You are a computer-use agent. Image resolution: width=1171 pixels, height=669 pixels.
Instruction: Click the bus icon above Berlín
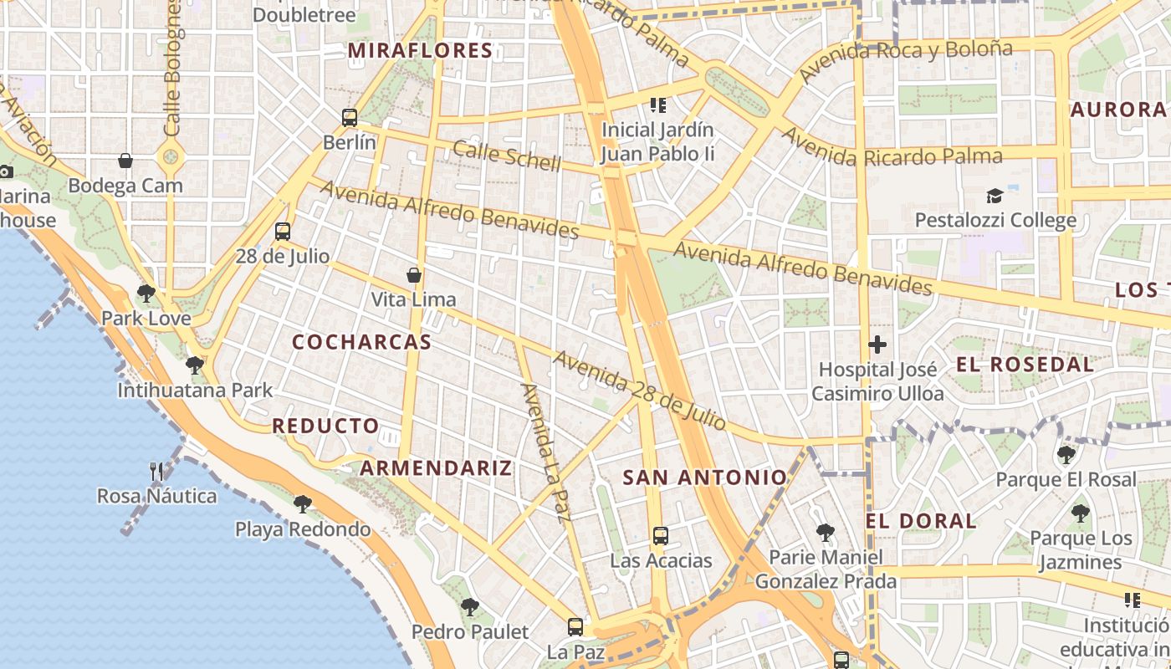pos(350,118)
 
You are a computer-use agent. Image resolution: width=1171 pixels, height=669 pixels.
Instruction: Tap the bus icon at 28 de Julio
pos(283,232)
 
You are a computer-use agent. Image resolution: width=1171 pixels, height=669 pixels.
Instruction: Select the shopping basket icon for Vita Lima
pos(413,274)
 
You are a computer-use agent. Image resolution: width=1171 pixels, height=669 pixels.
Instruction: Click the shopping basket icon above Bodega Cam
pos(125,161)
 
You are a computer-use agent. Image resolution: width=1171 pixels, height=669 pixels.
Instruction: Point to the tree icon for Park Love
pos(146,294)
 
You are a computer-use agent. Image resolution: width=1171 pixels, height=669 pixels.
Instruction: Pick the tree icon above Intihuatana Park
pos(195,365)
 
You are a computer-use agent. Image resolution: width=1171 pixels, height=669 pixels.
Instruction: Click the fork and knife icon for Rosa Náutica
pos(156,472)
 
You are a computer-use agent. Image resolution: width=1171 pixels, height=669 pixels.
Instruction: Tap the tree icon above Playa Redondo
pos(303,504)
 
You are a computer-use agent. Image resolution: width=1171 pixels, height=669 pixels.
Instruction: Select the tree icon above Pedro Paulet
pos(470,607)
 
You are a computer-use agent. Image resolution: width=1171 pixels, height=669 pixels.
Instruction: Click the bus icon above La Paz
pos(575,627)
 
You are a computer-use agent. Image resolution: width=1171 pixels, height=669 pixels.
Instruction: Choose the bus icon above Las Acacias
pos(661,536)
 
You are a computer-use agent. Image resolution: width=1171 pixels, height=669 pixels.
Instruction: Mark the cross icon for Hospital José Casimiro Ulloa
pos(877,345)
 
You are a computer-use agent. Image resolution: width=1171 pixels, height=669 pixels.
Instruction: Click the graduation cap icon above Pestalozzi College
pos(995,196)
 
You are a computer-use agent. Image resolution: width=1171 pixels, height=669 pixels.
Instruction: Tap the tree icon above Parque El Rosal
pos(1066,455)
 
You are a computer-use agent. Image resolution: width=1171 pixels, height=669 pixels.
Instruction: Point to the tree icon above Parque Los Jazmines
pos(1081,513)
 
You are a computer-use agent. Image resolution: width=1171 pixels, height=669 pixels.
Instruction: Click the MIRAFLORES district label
pos(420,51)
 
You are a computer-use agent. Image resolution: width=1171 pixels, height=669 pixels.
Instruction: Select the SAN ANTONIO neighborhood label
pos(705,477)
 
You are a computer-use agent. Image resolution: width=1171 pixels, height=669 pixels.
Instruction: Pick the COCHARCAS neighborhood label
pos(361,342)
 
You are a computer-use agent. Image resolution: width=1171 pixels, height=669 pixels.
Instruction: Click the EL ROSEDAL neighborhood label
pos(1025,365)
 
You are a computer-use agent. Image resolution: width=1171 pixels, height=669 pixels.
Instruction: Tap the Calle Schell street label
pos(506,156)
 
